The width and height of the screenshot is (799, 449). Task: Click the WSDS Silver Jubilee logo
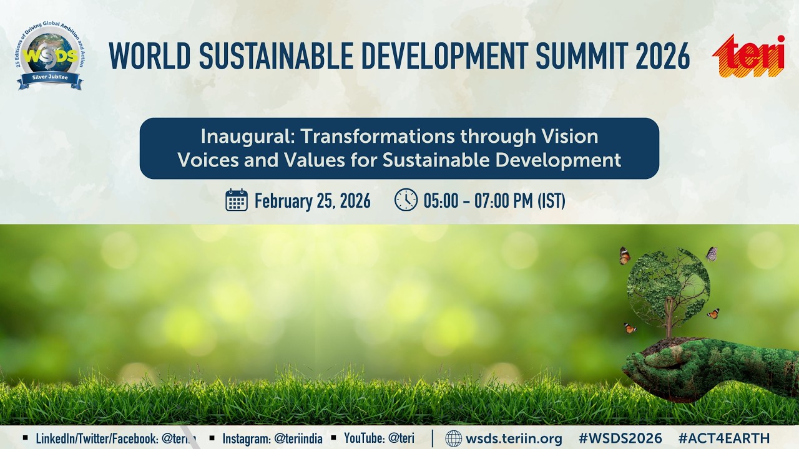(50, 56)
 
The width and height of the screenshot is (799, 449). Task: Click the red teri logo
(750, 56)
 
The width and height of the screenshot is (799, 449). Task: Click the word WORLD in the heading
(149, 56)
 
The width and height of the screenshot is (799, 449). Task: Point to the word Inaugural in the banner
(240, 136)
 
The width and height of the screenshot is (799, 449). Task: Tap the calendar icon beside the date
(237, 200)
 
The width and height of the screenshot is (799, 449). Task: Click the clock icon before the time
(406, 200)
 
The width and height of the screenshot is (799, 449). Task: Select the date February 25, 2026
(312, 201)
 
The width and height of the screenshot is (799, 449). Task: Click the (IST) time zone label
(551, 201)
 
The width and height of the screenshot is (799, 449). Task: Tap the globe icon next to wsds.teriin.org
(454, 438)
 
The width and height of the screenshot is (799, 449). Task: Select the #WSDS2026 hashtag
(620, 438)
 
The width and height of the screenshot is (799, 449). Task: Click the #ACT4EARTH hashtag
(724, 438)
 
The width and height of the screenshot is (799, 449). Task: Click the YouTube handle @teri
(401, 438)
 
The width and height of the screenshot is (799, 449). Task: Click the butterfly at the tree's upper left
(624, 256)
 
